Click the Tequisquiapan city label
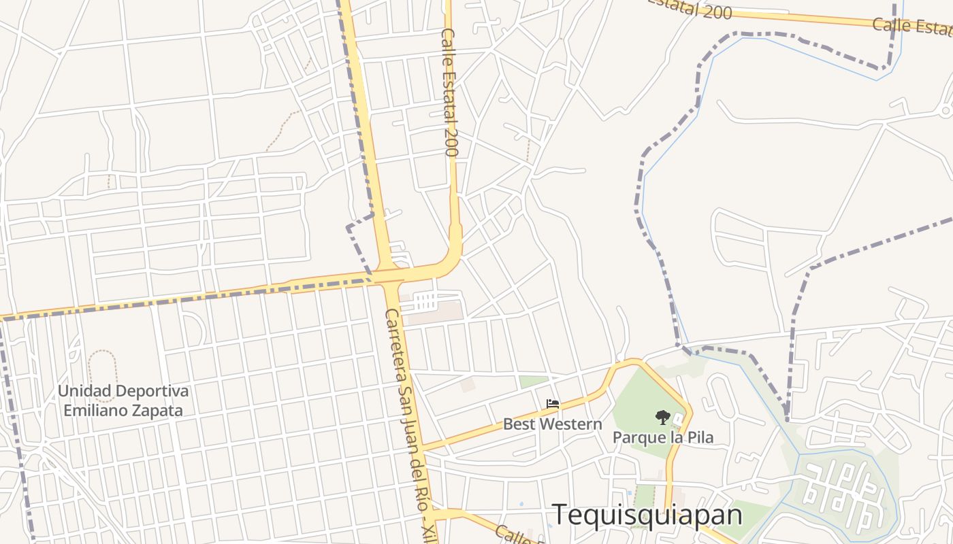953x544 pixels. pyautogui.click(x=647, y=515)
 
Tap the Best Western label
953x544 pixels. pyautogui.click(x=552, y=424)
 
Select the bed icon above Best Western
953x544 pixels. pyautogui.click(x=553, y=405)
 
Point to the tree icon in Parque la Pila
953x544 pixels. pyautogui.click(x=662, y=418)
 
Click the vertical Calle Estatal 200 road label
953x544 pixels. pyautogui.click(x=449, y=92)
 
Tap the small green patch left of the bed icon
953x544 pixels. pyautogui.click(x=534, y=381)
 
